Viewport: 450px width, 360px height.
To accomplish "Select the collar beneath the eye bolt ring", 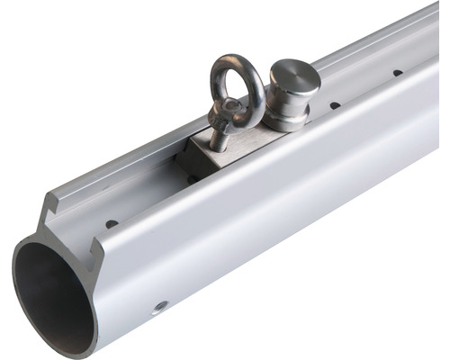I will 226,114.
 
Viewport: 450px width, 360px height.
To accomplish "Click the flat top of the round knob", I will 296,74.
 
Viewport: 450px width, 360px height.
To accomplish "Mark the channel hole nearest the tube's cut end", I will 112,223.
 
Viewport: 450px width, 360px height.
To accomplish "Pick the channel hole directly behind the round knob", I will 335,105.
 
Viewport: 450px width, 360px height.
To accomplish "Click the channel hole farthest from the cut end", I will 397,72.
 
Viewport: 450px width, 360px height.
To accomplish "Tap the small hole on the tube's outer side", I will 160,306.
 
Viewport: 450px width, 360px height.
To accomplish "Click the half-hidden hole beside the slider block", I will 192,179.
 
